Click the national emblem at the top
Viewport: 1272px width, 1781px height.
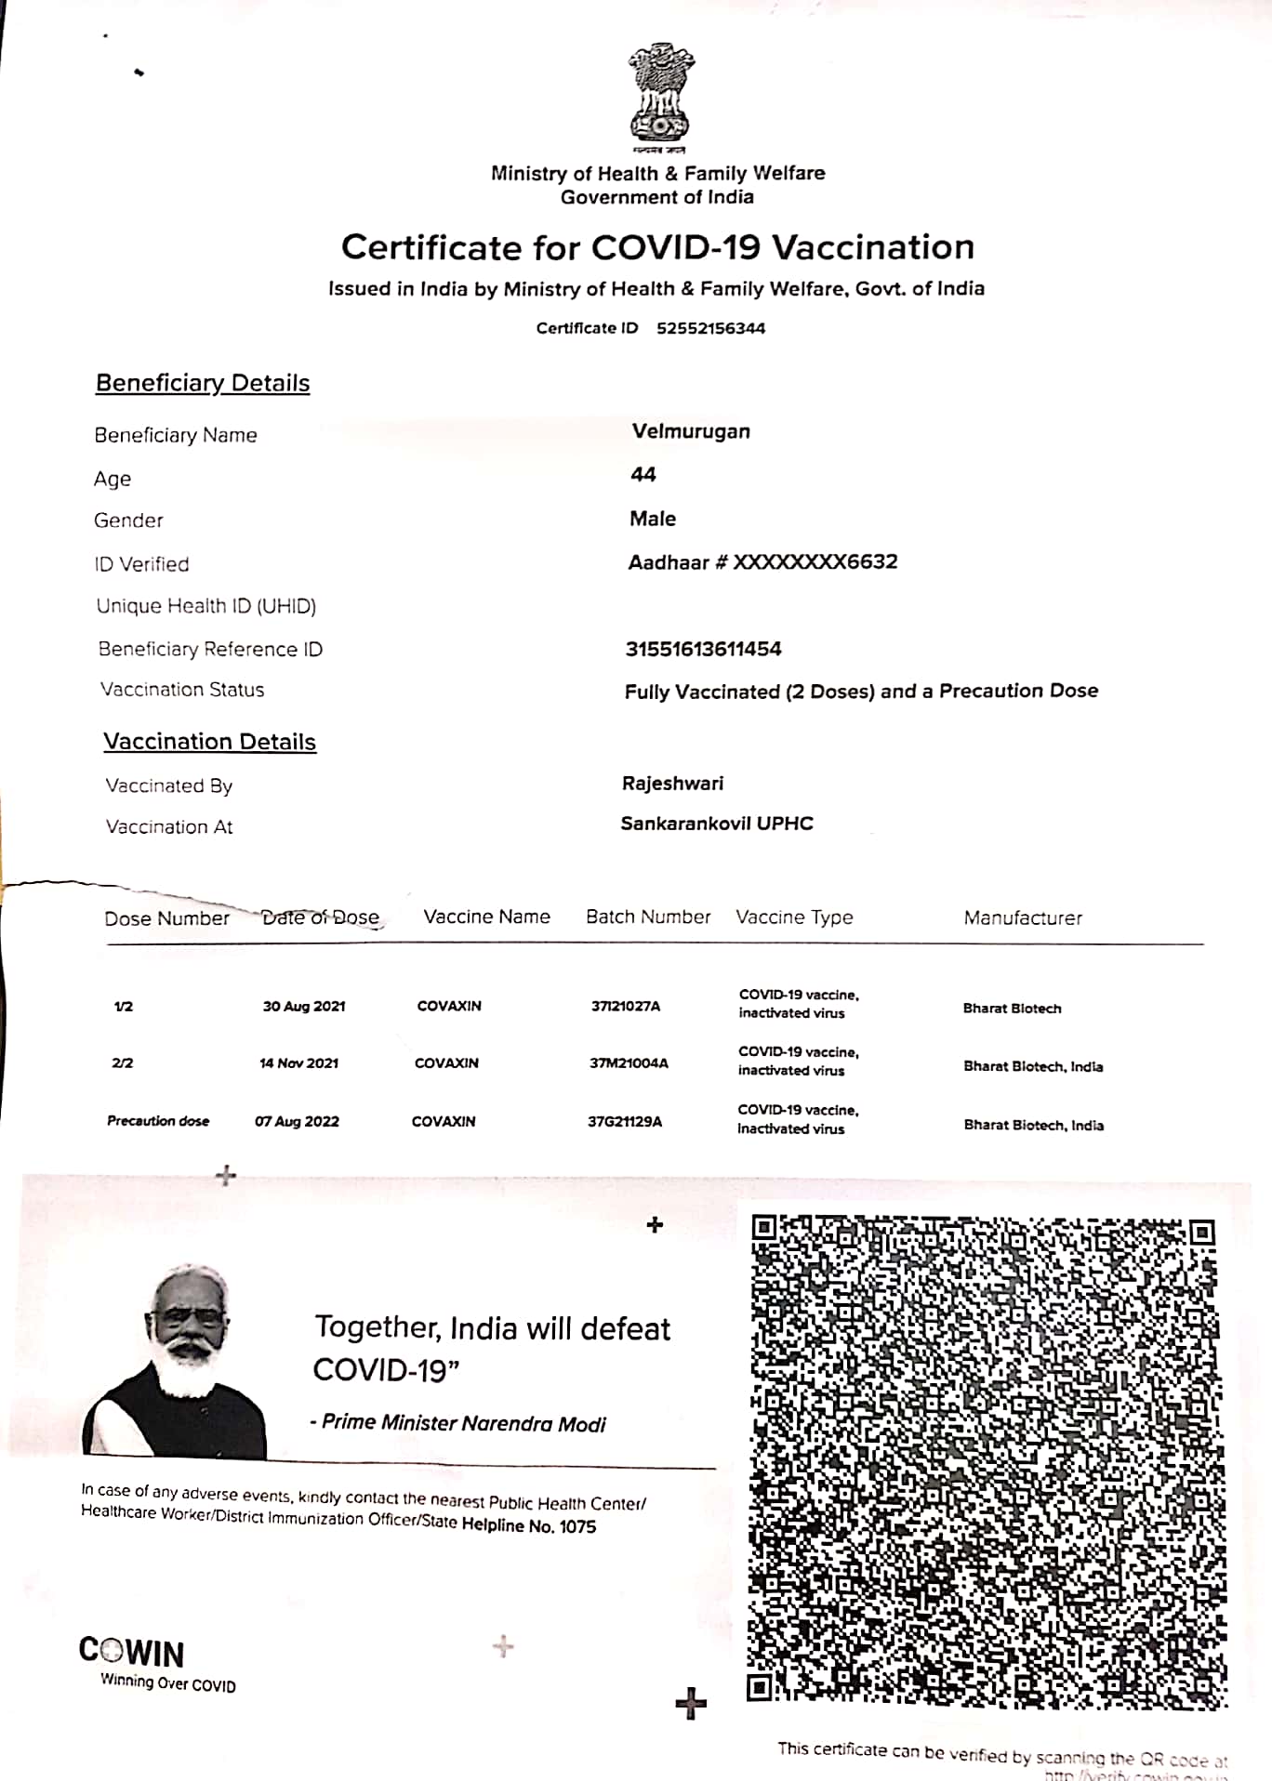659,96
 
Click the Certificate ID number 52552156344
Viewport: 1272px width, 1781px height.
710,328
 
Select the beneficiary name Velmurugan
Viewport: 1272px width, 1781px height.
691,431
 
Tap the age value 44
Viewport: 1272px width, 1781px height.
643,475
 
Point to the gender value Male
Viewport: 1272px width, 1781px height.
653,519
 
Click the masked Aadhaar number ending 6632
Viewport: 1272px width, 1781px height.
815,561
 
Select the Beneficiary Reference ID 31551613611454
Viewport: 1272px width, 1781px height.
703,649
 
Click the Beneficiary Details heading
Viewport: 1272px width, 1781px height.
203,383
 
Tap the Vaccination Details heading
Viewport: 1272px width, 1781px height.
209,742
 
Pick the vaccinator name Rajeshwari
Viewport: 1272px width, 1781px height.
672,784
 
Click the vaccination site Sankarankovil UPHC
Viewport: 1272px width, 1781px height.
717,824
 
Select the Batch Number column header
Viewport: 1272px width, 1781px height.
648,917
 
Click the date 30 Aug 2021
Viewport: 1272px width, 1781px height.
304,1007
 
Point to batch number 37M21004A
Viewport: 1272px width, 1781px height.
629,1063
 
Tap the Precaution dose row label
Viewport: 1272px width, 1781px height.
158,1121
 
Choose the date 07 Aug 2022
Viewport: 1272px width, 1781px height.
298,1122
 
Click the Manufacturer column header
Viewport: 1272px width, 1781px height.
1023,918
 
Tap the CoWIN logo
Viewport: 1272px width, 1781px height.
132,1652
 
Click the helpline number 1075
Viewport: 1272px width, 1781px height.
577,1526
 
